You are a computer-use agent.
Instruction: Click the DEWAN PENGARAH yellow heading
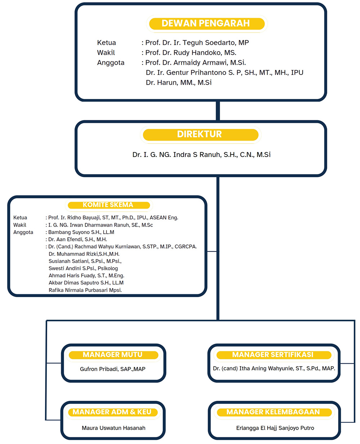tap(206, 23)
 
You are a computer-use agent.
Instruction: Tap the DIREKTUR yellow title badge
tap(200, 134)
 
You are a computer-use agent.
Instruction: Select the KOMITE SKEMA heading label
tap(108, 205)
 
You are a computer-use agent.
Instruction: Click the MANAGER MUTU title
tap(113, 355)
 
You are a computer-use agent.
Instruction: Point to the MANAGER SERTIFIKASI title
tap(273, 355)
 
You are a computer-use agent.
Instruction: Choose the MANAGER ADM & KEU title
tap(112, 412)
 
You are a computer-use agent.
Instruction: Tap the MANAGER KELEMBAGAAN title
tap(273, 412)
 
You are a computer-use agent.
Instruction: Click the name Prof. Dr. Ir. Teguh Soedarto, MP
tap(197, 42)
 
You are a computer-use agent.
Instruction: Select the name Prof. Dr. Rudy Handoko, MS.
tap(191, 53)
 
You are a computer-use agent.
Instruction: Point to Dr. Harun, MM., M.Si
tap(179, 82)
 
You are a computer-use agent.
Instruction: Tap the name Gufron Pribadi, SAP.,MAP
tap(113, 369)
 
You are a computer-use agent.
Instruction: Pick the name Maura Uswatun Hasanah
tap(113, 428)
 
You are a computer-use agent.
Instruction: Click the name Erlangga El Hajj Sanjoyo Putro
tap(275, 428)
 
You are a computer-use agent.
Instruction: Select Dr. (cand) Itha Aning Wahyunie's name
tap(274, 368)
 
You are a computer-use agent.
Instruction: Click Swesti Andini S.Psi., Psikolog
tap(83, 268)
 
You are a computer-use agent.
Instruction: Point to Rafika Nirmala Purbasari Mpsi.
tap(85, 290)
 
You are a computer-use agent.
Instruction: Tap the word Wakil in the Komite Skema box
tap(20, 225)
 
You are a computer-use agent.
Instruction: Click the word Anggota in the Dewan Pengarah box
tap(111, 63)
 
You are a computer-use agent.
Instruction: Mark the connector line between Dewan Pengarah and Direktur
tap(218, 111)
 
